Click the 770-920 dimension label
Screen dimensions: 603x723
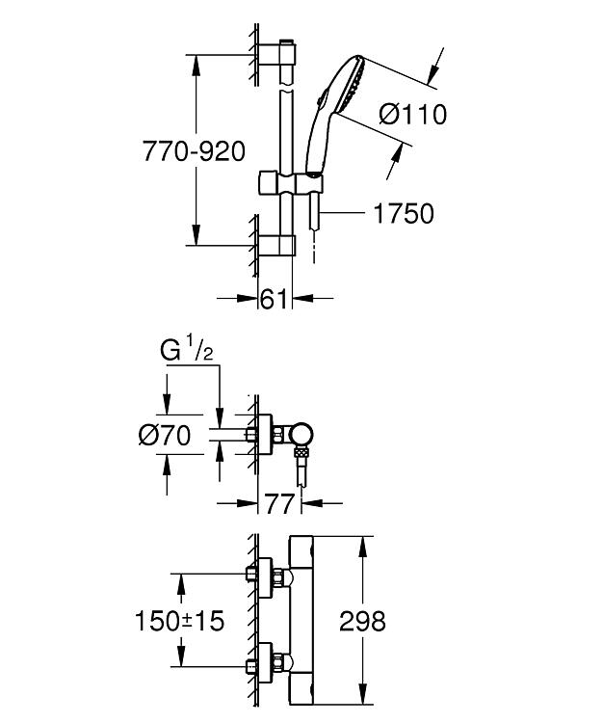click(x=194, y=150)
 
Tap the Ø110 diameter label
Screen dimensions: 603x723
click(x=412, y=114)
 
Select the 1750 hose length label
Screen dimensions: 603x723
click(x=404, y=213)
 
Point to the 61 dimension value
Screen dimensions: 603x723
click(x=275, y=299)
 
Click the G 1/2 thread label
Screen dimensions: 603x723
click(x=187, y=351)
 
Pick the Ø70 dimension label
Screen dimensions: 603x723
click(x=165, y=435)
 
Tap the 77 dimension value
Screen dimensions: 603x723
click(x=279, y=503)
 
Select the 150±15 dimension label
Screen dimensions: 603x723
click(x=180, y=620)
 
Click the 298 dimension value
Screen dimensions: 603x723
click(x=362, y=621)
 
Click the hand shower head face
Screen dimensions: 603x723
click(x=353, y=85)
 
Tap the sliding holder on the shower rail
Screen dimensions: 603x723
click(x=291, y=182)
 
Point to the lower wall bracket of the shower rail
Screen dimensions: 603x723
click(x=276, y=245)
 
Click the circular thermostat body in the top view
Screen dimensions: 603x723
click(x=301, y=435)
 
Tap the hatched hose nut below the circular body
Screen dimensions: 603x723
click(x=301, y=451)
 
